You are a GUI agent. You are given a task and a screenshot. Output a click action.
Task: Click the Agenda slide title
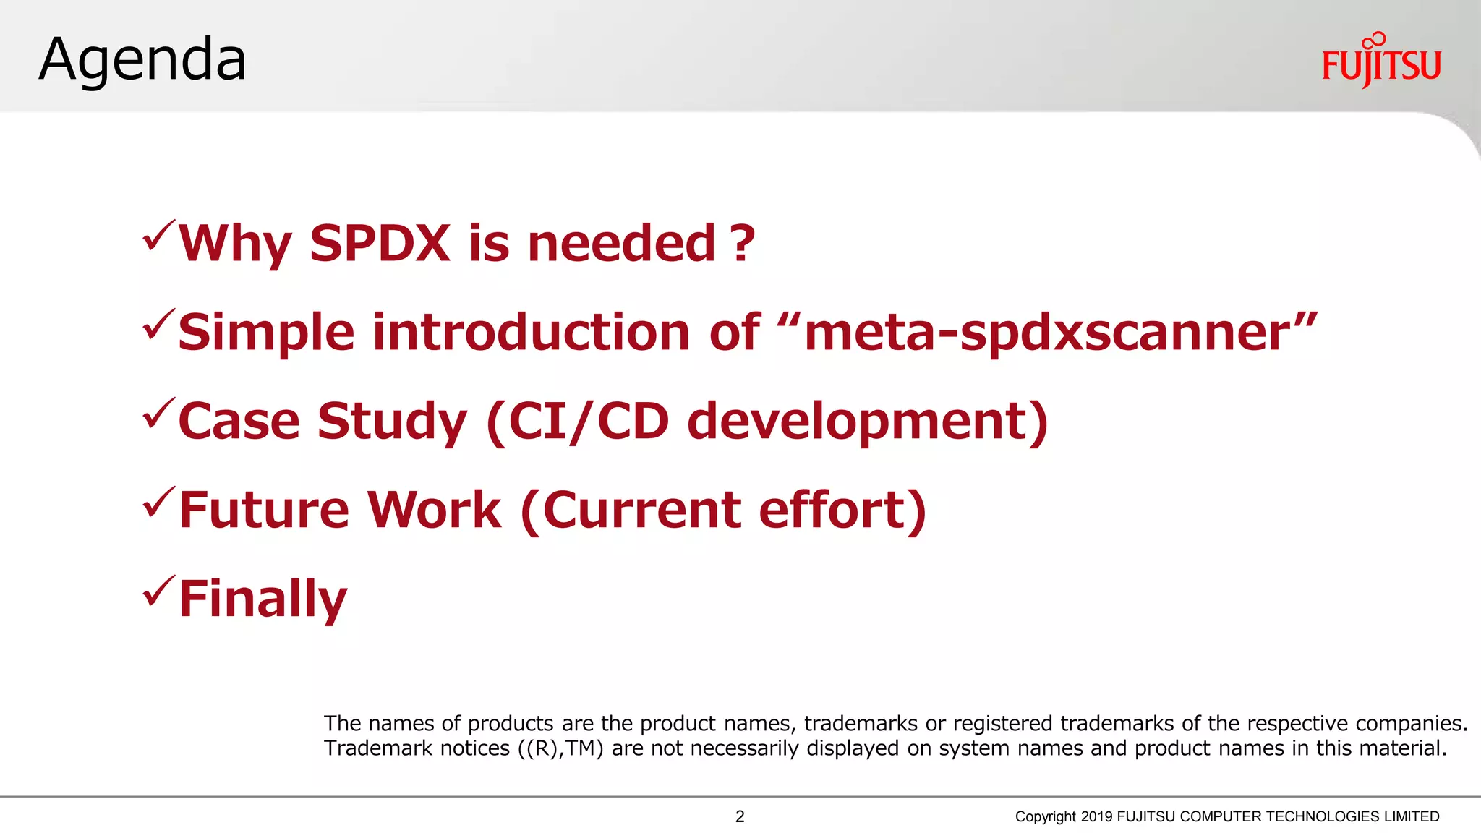142,59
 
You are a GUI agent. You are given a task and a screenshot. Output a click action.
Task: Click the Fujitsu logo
1380,61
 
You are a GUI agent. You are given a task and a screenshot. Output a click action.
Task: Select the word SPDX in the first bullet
380,243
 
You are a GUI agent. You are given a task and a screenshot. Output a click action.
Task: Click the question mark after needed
742,243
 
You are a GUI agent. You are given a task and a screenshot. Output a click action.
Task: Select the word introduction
531,333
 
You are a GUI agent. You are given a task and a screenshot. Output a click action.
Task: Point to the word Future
263,510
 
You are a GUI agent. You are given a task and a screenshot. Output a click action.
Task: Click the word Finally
263,599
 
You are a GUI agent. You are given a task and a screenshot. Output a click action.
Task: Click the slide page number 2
740,816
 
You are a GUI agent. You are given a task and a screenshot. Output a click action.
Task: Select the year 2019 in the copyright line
1096,816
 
